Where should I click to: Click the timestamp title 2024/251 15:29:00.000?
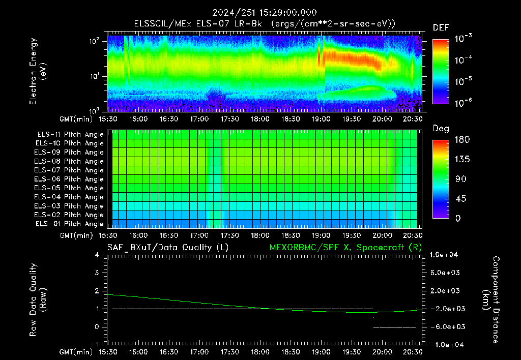point(265,13)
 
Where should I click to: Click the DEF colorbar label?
point(441,27)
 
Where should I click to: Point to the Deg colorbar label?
point(441,129)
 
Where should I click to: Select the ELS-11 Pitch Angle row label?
point(70,135)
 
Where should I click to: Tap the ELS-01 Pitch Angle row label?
point(70,224)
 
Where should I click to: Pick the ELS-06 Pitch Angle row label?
point(69,179)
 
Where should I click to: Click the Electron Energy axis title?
point(38,71)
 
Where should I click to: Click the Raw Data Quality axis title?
point(38,300)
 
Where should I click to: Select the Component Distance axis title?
point(491,300)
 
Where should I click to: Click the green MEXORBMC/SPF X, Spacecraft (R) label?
point(345,248)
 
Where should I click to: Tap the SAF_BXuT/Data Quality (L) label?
point(168,248)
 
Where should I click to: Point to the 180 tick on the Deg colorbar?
point(462,139)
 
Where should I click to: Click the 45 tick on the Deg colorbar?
point(460,199)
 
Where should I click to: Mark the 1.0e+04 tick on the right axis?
point(444,255)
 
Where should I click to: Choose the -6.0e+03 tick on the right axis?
point(445,327)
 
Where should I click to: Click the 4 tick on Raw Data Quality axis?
point(97,255)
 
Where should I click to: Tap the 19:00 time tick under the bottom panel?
point(321,352)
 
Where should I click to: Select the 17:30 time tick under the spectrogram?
point(229,119)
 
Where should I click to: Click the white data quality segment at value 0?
point(394,327)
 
